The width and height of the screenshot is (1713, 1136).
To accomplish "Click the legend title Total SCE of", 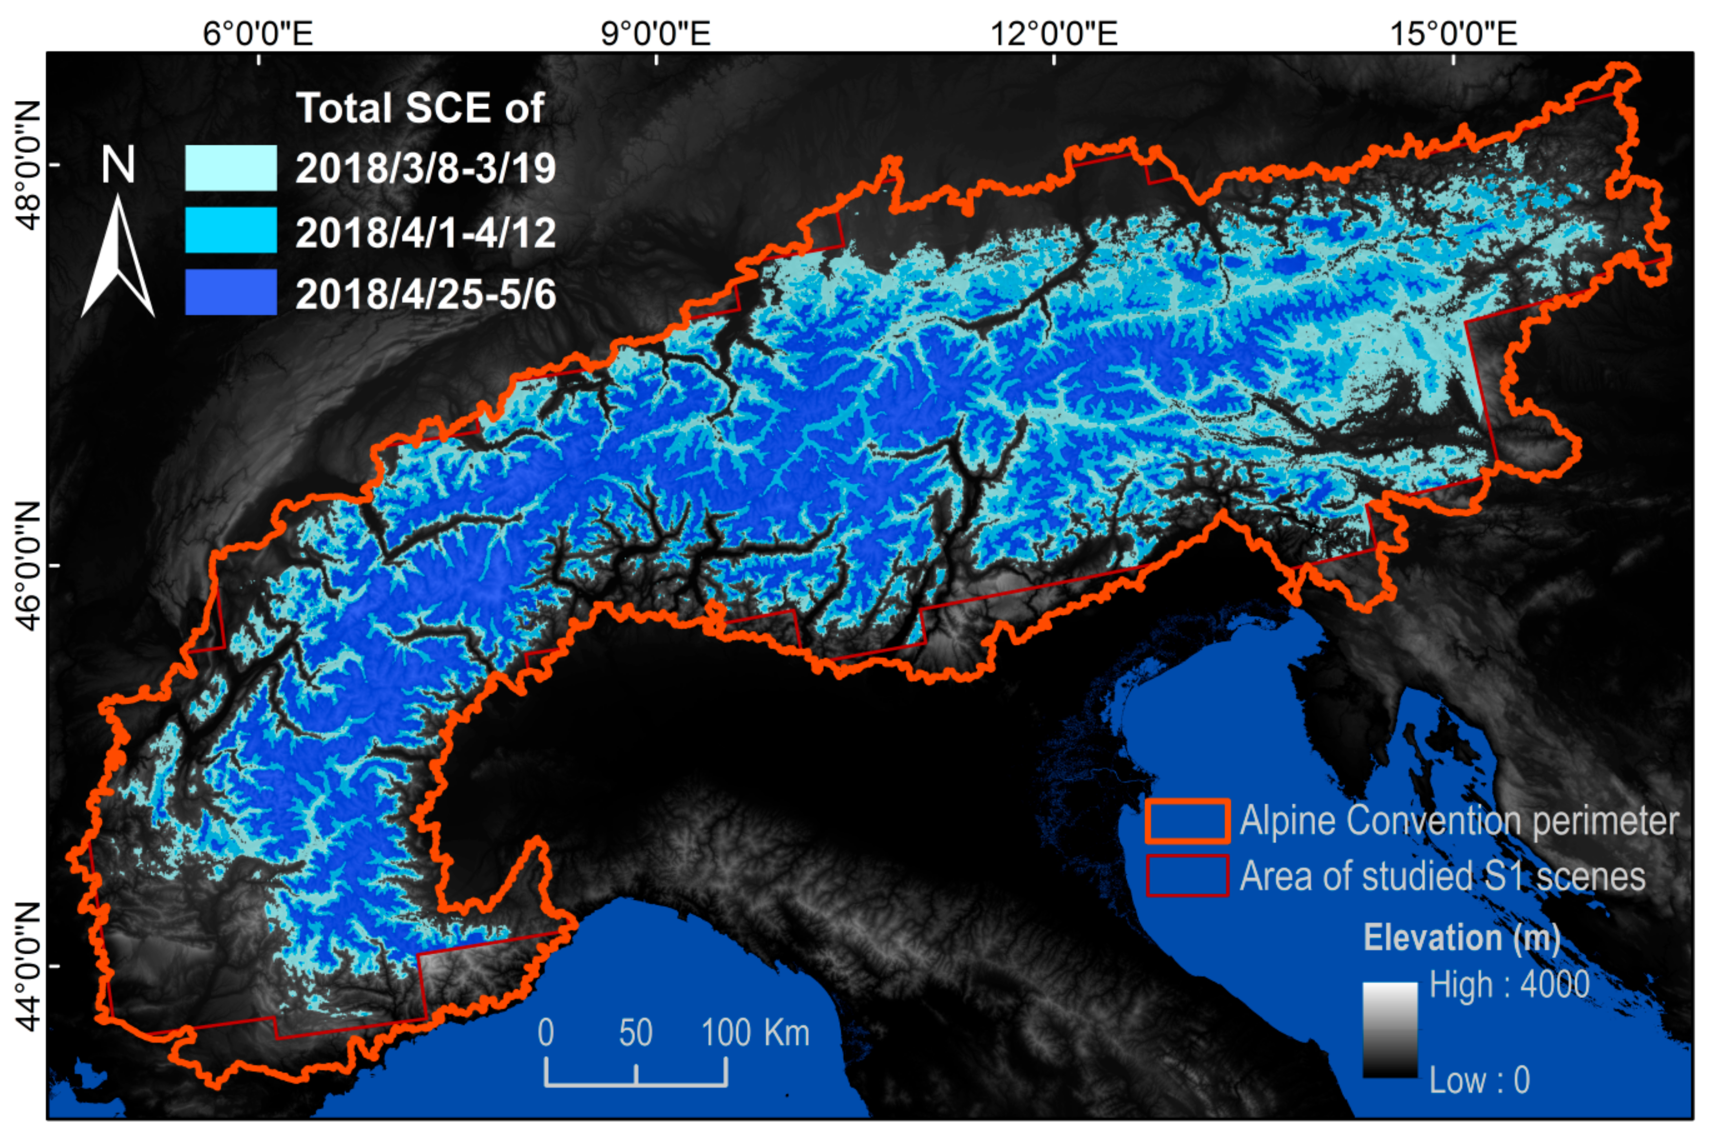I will click(420, 109).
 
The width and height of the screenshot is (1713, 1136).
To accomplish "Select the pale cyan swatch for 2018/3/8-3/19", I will click(230, 168).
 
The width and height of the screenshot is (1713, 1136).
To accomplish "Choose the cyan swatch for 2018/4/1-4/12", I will click(230, 230).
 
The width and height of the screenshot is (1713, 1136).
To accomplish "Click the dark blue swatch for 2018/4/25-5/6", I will click(230, 293).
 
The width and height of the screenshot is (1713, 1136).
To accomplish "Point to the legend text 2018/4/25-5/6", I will click(425, 294).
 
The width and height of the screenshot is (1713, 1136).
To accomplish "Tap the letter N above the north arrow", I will click(117, 165).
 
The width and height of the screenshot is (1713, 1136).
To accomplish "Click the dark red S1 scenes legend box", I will click(1187, 876).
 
